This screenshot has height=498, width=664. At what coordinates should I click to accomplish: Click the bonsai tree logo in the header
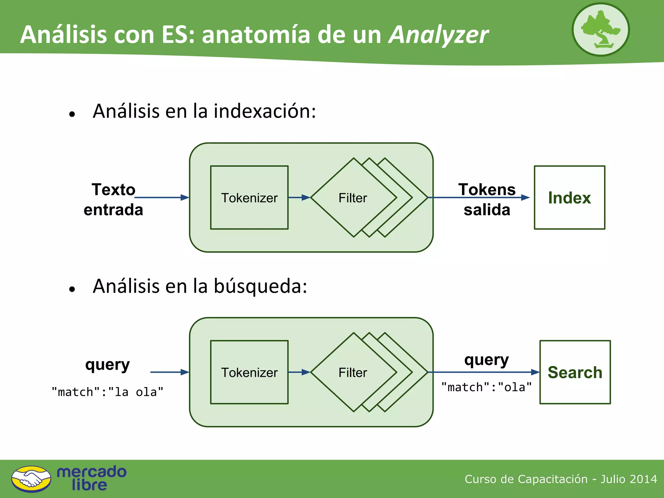click(x=600, y=30)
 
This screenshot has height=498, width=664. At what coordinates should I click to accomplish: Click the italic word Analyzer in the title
click(x=438, y=35)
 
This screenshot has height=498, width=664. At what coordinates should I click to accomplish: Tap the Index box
click(x=569, y=197)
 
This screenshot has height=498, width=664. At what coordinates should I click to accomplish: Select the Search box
click(x=575, y=372)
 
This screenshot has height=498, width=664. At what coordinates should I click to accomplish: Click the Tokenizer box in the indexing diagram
click(x=249, y=197)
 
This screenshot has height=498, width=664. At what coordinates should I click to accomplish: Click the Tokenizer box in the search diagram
click(x=249, y=372)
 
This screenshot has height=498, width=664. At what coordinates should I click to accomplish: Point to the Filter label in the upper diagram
click(x=353, y=198)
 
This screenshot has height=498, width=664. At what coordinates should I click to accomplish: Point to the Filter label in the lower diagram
click(x=353, y=373)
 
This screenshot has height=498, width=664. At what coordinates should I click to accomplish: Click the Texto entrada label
click(x=113, y=199)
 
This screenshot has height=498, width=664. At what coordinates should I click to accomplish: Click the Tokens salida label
click(x=487, y=199)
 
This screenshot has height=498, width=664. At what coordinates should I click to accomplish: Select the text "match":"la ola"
click(x=107, y=392)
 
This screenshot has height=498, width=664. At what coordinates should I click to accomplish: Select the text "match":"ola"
click(x=486, y=387)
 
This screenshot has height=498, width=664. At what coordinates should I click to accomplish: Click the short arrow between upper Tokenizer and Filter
click(x=299, y=197)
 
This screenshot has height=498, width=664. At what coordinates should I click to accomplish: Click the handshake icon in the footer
click(x=31, y=479)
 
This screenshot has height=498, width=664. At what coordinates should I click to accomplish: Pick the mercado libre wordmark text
click(x=91, y=478)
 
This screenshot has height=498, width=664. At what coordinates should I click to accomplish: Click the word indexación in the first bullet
click(x=264, y=111)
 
